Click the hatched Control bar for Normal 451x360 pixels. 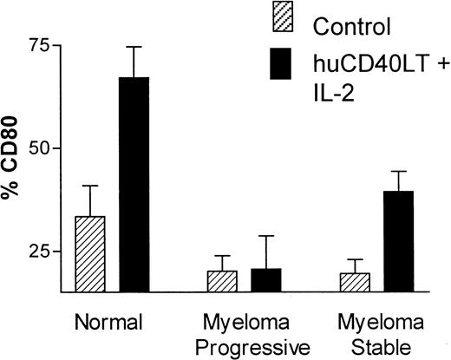coord(90,253)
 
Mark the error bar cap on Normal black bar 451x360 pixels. coord(134,47)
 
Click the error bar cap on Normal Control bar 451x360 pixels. coord(90,186)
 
